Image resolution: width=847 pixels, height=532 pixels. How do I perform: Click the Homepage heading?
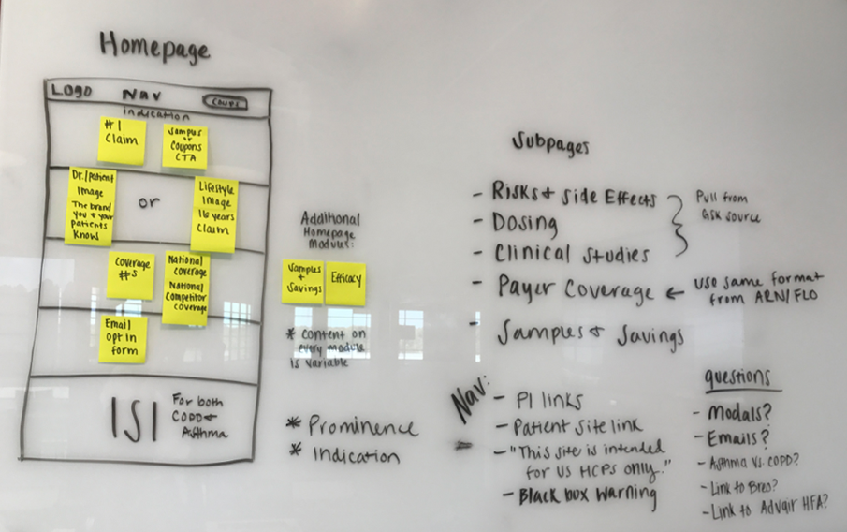(154, 47)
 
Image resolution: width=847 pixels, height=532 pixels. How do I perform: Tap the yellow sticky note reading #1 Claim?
(122, 140)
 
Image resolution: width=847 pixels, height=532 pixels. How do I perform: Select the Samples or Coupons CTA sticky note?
(184, 146)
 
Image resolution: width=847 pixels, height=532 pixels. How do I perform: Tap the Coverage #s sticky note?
(130, 274)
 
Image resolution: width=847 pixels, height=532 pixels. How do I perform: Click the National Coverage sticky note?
(185, 288)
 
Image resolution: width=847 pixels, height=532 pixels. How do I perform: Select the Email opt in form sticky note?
(123, 339)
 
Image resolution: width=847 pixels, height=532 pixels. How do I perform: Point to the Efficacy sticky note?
(344, 284)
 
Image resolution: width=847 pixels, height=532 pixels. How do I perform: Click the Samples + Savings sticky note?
(302, 281)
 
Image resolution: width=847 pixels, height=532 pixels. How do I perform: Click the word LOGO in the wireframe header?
(71, 92)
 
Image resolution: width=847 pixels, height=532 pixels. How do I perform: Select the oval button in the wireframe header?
(225, 101)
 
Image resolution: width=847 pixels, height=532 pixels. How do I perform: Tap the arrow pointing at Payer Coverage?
(674, 292)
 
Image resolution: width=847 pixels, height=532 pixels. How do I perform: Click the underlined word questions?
(738, 378)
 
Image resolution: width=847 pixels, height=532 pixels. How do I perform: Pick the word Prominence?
(362, 427)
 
